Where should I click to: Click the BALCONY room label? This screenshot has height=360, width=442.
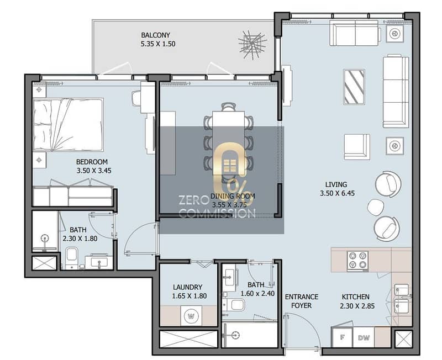[156, 35]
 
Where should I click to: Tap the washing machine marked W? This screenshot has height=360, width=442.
[191, 316]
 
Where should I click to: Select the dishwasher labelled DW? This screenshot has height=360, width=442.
[364, 337]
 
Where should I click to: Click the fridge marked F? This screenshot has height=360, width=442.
[342, 337]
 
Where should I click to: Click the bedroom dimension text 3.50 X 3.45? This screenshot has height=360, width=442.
[94, 171]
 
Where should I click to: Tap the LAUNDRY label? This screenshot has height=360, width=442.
[188, 287]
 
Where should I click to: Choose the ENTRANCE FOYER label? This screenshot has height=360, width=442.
[302, 301]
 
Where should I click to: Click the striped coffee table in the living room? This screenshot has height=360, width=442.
[354, 87]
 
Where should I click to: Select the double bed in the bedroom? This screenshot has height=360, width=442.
[68, 125]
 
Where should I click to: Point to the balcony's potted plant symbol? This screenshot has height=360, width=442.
[252, 45]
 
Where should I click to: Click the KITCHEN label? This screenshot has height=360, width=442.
[355, 297]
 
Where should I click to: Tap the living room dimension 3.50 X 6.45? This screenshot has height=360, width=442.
[337, 193]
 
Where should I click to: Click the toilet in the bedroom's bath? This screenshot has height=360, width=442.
[72, 258]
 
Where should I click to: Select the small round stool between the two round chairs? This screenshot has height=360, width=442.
[375, 207]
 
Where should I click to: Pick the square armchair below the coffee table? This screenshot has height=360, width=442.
[357, 147]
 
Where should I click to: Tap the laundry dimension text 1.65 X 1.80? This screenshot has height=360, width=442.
[190, 296]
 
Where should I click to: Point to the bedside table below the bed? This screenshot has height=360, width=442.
[39, 160]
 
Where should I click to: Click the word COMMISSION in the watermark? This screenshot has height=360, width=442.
[217, 213]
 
